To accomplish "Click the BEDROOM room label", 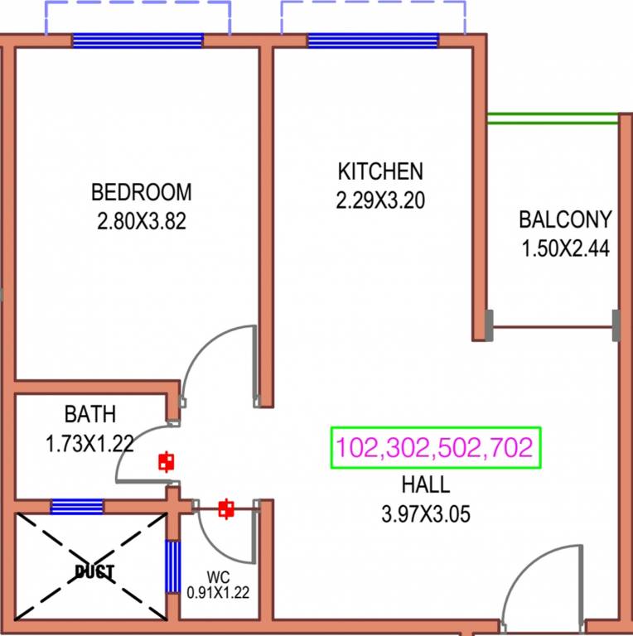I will (141, 192).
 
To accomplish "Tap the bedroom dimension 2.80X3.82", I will (141, 222).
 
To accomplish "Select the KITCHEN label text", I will (380, 171).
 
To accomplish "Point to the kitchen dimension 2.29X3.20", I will (380, 200).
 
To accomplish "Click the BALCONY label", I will (565, 219).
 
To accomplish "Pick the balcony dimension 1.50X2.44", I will (565, 248).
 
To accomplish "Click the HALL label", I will (425, 484).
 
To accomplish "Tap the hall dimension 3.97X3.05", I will (425, 514).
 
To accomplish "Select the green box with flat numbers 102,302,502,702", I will (435, 448).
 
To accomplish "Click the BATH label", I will (90, 413).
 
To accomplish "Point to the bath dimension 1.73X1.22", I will (90, 443).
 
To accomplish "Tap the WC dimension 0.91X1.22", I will (219, 592).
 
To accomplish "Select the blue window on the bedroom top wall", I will (138, 41).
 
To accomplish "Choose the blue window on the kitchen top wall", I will (373, 41).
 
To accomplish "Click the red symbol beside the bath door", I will (167, 461).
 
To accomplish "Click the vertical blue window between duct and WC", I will (172, 566).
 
